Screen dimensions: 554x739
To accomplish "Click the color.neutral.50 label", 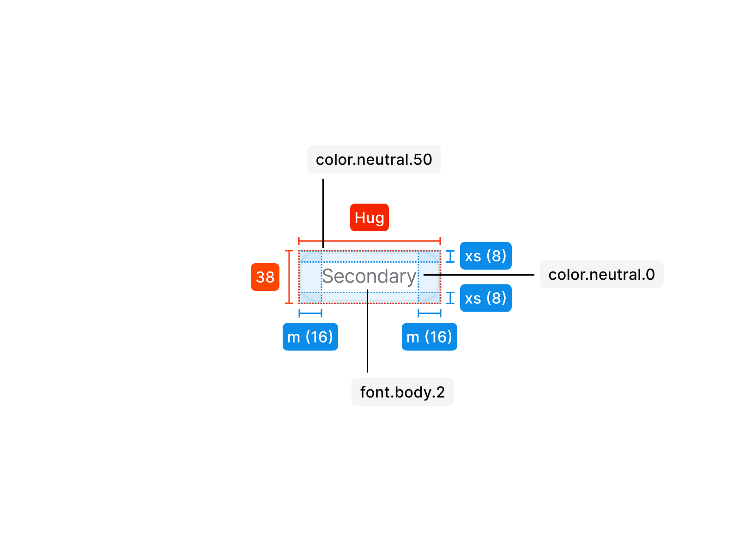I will tap(374, 159).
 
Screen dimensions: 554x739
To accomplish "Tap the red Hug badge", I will tap(369, 217).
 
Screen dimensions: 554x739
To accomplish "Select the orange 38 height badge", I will tap(265, 277).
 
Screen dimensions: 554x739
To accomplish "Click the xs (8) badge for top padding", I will tap(485, 256).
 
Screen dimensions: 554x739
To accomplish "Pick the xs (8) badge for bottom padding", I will tap(485, 298).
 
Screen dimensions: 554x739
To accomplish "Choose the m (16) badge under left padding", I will tap(310, 337).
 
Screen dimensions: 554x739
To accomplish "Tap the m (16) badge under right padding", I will tap(429, 337).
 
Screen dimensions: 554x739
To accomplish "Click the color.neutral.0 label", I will tap(601, 275).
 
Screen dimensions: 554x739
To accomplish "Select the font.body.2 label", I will tap(402, 392).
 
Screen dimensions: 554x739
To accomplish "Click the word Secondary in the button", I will tap(369, 277).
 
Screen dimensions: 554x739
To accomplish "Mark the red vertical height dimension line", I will tap(289, 277).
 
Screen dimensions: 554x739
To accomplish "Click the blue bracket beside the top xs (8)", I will tap(450, 256).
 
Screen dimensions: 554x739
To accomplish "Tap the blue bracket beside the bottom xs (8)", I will tap(450, 298).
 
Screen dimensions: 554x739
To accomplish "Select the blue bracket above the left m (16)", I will tap(310, 313).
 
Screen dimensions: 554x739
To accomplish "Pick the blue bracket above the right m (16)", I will tap(430, 313).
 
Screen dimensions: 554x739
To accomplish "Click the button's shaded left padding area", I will tap(310, 277).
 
